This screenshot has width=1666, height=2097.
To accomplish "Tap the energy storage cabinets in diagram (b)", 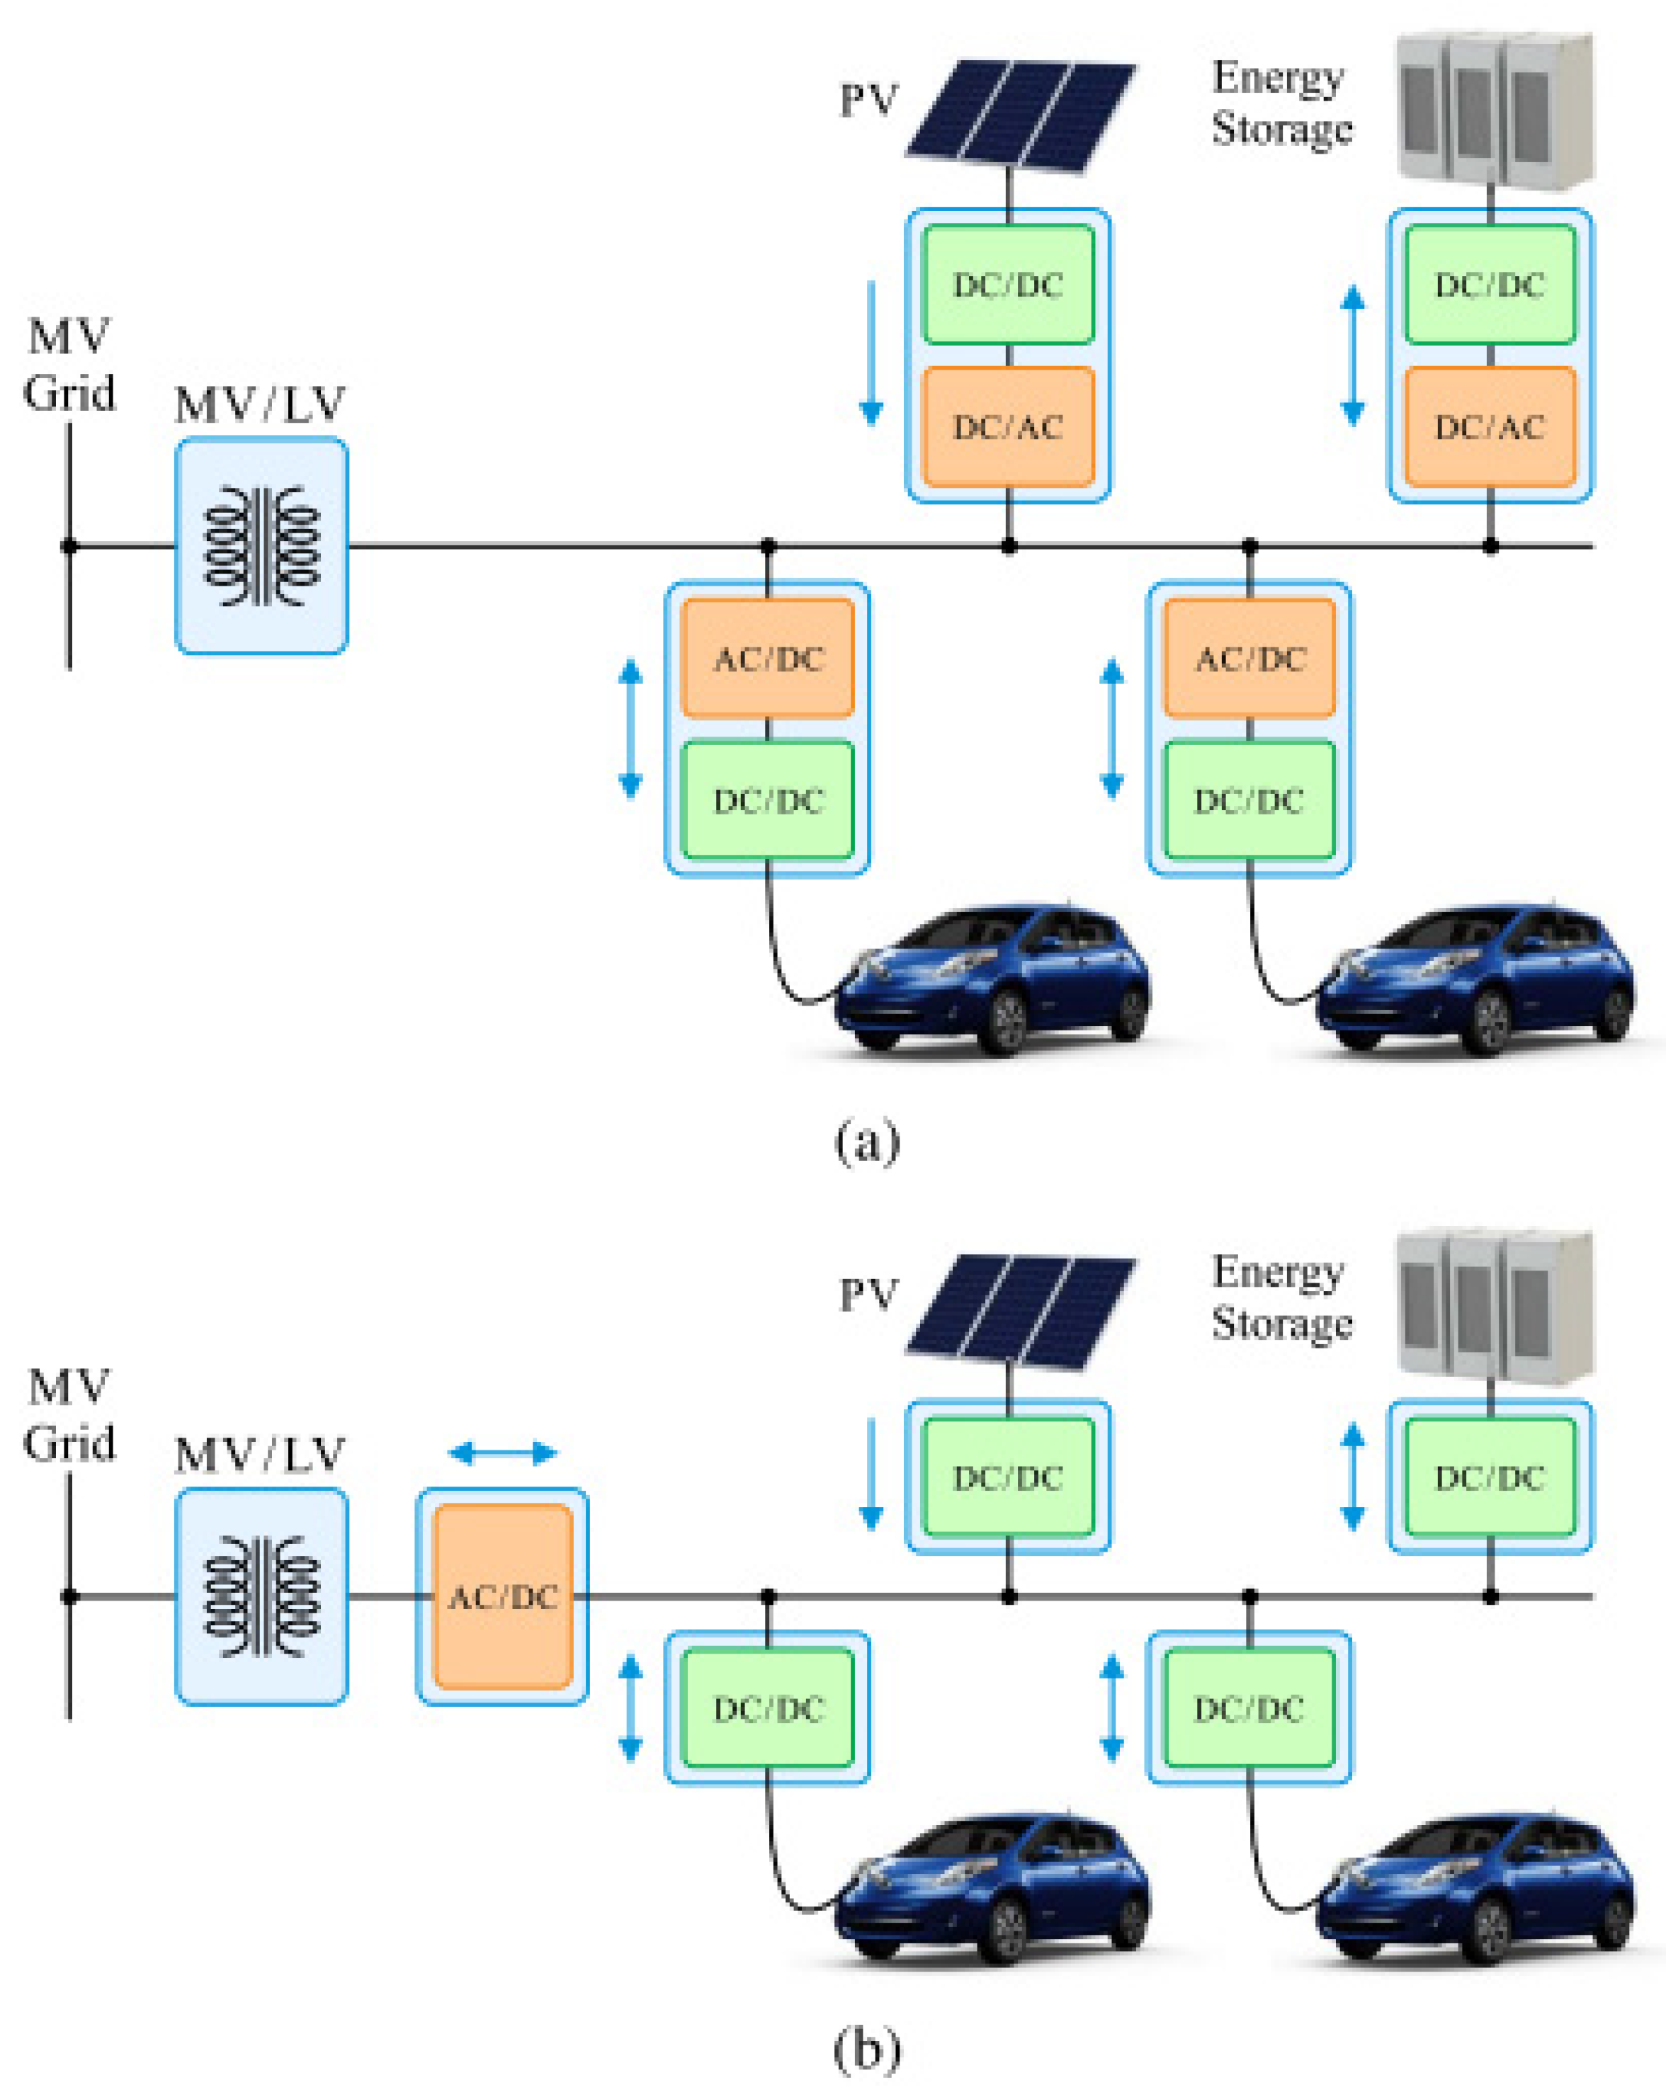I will tap(1495, 1306).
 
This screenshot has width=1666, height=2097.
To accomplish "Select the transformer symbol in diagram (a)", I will tap(261, 545).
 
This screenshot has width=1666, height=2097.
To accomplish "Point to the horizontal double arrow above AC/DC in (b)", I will tap(503, 1454).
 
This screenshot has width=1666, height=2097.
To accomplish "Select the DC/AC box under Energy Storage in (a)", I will tap(1490, 426).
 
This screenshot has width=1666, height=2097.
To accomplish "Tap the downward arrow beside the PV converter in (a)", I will tap(871, 354).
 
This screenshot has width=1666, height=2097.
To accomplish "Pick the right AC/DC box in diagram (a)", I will tap(1249, 659).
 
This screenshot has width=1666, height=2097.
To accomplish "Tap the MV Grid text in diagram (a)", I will tap(68, 365).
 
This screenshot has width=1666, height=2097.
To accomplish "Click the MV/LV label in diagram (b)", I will tap(260, 1456).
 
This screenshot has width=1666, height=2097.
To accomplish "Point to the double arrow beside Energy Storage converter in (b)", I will tap(1352, 1477).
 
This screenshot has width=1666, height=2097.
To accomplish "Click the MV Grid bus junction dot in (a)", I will tap(69, 545).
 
